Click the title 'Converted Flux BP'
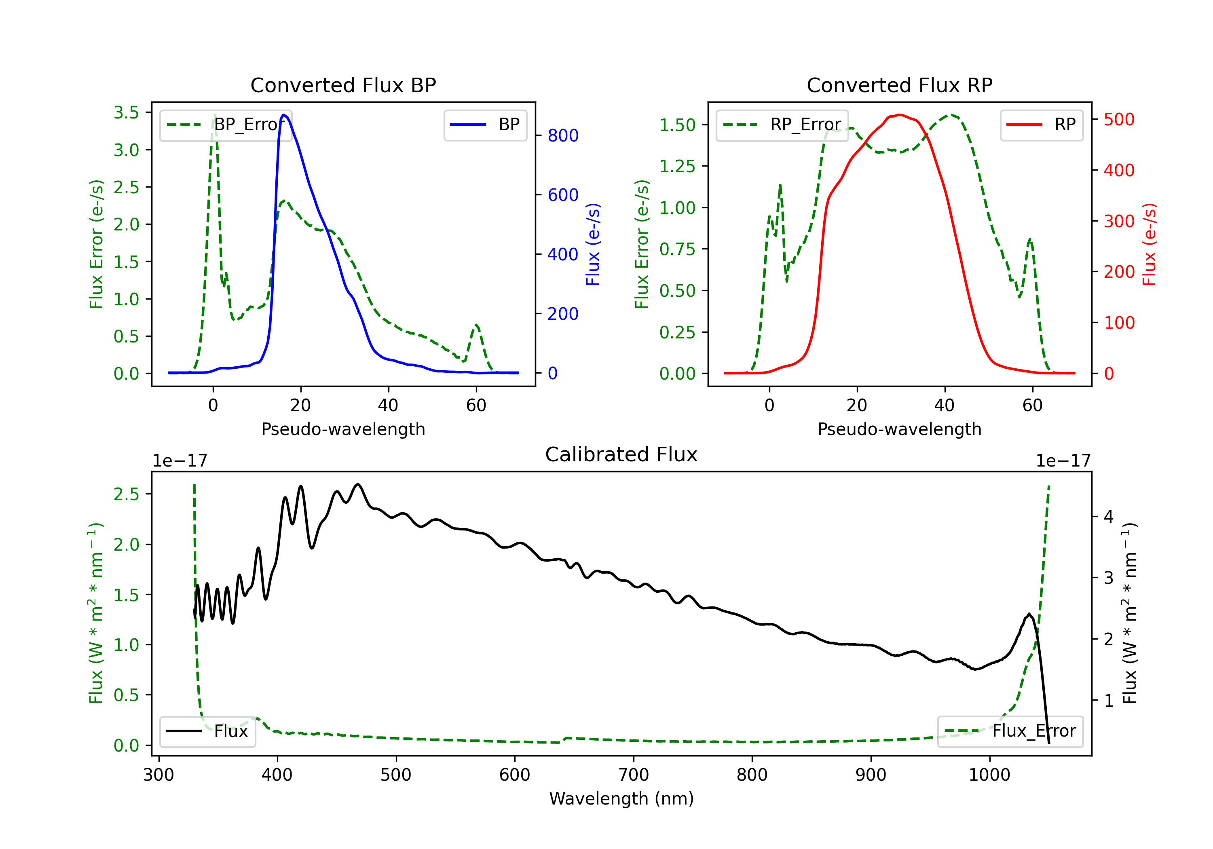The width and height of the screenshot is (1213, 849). [343, 85]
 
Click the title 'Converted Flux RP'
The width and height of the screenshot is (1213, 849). [899, 85]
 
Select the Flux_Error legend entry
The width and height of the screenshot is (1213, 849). [1010, 731]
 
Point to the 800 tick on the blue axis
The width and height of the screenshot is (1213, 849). [563, 136]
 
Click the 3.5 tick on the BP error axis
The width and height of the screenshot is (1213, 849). [126, 112]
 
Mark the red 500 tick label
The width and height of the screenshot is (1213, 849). [1118, 119]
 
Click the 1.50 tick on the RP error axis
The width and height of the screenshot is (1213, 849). [677, 125]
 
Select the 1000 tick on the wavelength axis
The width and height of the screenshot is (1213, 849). [989, 775]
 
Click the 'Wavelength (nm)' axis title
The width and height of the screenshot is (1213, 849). [621, 798]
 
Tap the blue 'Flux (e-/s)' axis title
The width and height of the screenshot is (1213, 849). [593, 245]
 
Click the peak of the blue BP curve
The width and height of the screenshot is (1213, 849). [284, 115]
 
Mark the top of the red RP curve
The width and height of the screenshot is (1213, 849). [900, 115]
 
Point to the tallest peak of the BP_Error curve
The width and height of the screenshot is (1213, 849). [214, 115]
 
